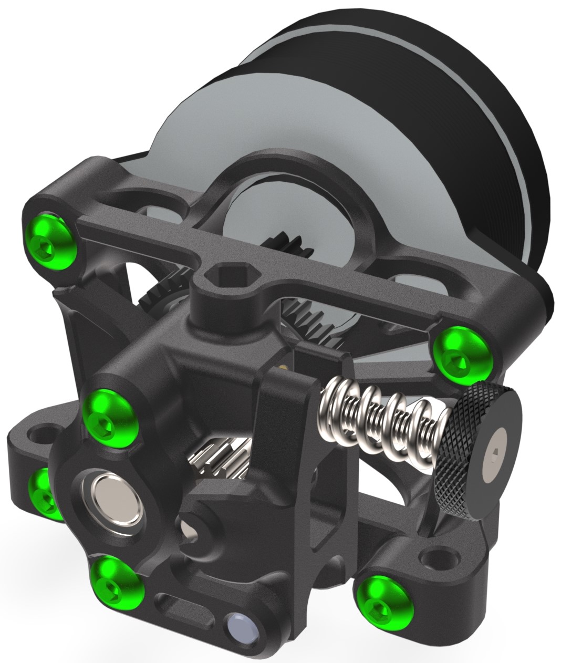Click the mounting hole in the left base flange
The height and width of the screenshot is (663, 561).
coord(38,435)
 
